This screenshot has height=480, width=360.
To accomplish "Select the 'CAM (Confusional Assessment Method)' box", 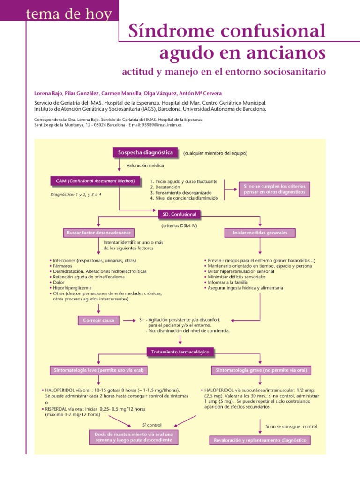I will pyautogui.click(x=95, y=181).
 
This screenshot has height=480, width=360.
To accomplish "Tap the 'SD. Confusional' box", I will pyautogui.click(x=179, y=214).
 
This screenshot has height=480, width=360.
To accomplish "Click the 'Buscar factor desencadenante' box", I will pyautogui.click(x=98, y=232).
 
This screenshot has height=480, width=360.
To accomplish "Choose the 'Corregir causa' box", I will pyautogui.click(x=98, y=321).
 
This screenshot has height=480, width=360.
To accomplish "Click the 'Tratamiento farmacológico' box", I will pyautogui.click(x=180, y=351).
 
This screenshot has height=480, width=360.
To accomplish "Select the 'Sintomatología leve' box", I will pyautogui.click(x=98, y=370).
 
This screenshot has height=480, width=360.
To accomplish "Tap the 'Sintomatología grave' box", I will pyautogui.click(x=261, y=370).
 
